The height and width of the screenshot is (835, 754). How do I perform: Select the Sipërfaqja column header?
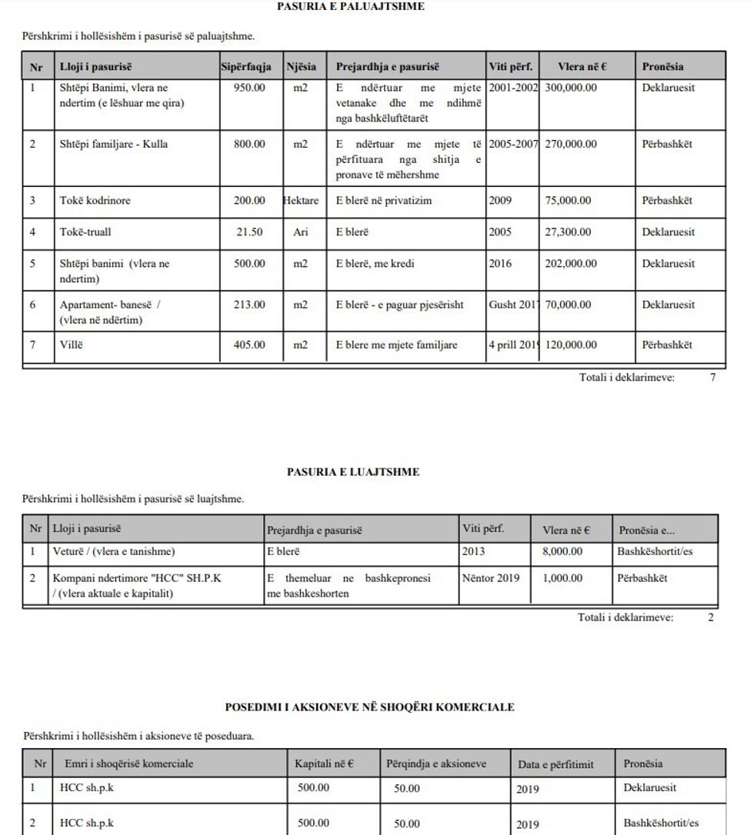[x=245, y=67]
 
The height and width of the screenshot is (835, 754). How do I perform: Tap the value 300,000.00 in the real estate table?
[x=571, y=88]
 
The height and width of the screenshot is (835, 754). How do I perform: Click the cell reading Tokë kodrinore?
[x=95, y=201]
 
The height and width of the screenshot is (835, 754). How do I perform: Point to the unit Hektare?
[x=300, y=201]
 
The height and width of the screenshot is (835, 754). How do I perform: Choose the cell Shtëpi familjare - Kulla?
[x=114, y=144]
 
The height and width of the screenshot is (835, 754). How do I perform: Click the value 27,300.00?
[x=569, y=232]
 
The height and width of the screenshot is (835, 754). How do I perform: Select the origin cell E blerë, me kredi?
[x=375, y=264]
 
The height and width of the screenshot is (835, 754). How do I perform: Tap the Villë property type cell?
[x=71, y=345]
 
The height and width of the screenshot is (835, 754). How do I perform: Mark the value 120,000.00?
[x=571, y=345]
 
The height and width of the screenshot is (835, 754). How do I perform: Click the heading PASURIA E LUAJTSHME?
[x=353, y=472]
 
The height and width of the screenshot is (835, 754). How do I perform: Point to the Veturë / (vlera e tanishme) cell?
[x=114, y=551]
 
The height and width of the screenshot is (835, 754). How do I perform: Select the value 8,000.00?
[x=562, y=551]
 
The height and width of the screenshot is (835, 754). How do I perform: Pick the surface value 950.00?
[x=249, y=88]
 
